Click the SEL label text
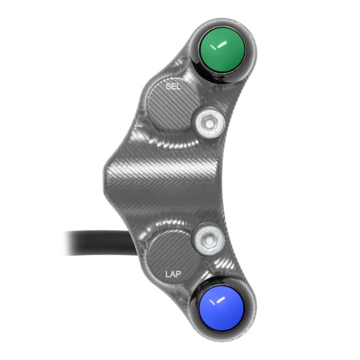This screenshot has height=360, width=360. tap(174, 88)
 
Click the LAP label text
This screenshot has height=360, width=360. tap(174, 272)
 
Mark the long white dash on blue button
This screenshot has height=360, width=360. tap(217, 304)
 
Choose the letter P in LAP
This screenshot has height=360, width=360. tap(179, 272)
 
